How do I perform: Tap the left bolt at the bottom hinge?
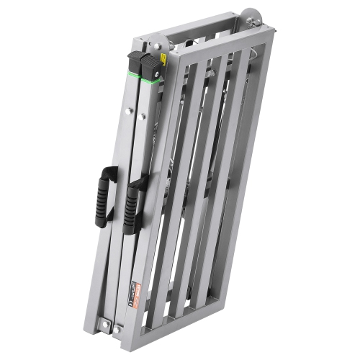[x=99, y=321]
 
